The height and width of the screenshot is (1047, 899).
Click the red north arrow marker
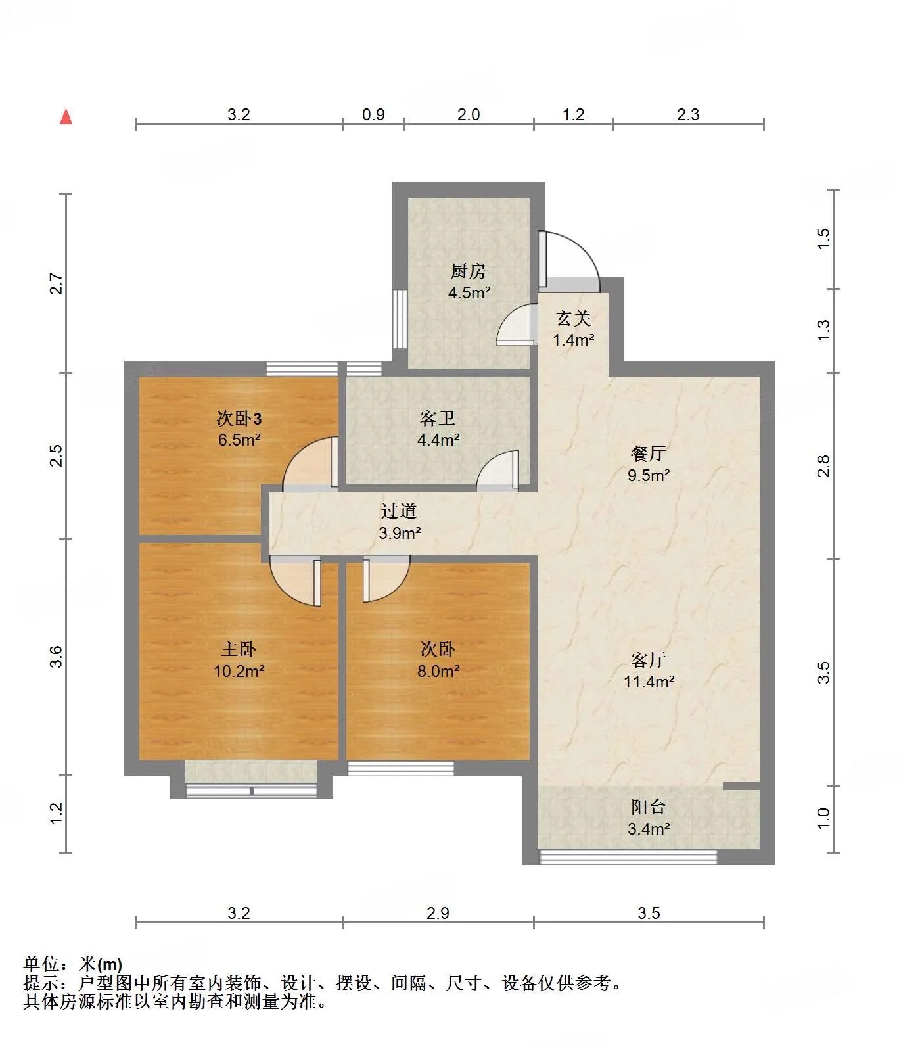(66, 116)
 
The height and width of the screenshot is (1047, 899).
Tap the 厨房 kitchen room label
(469, 271)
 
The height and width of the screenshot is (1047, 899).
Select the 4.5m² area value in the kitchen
(469, 292)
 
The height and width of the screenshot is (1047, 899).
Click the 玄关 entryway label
(574, 319)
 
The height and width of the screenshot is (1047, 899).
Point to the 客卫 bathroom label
(438, 419)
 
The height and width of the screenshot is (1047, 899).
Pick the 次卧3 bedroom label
(240, 419)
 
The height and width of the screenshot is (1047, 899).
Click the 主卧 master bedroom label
(239, 649)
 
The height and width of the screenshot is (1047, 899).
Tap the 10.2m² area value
(239, 671)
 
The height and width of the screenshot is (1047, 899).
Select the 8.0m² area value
(438, 671)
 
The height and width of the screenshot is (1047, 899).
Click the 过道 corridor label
(399, 511)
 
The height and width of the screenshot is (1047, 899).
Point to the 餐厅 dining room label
(649, 454)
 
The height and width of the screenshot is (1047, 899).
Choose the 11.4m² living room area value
(649, 682)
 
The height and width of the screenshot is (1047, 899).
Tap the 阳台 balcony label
(649, 807)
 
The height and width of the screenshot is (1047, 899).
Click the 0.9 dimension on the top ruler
(373, 114)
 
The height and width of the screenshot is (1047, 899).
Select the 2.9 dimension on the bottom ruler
(438, 913)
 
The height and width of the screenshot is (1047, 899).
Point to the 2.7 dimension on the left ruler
(57, 283)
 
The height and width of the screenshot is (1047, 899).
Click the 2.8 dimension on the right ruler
(823, 466)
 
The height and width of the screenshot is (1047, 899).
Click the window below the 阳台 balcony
(628, 856)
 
